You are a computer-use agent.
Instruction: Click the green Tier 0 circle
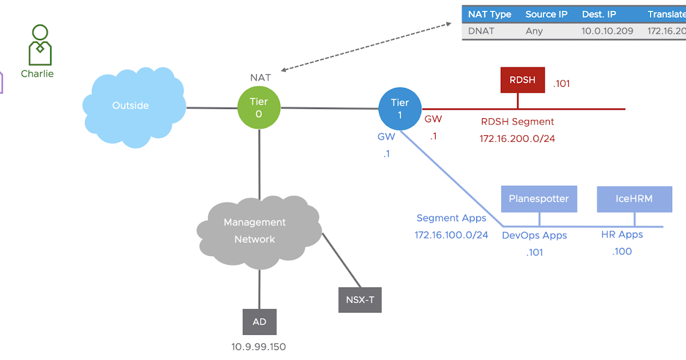[258, 108]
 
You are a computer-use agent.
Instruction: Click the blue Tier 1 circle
[400, 109]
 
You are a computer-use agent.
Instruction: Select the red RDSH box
[523, 80]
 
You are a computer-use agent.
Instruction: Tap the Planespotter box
[539, 199]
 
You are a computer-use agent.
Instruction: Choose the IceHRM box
[634, 199]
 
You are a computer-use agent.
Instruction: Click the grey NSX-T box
[360, 299]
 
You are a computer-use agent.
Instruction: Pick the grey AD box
[259, 322]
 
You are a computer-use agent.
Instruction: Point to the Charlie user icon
[39, 46]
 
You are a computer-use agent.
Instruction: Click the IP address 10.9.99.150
[258, 347]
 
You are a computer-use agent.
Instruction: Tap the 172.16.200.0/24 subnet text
[517, 138]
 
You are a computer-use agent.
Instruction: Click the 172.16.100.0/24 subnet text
[451, 234]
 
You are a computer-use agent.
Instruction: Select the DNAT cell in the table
[481, 31]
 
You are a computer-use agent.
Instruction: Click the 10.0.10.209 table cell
[607, 31]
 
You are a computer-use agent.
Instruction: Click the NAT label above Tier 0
[260, 77]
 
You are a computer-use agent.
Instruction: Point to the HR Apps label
[622, 235]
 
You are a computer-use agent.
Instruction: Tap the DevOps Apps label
[535, 235]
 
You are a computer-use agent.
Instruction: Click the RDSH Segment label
[517, 122]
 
